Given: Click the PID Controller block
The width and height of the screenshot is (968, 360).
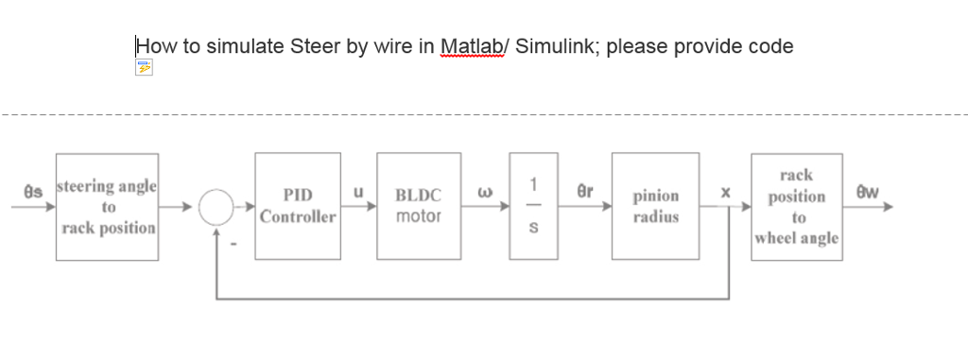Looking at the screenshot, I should coord(298,206).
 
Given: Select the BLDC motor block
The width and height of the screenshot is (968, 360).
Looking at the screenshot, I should coord(419,206).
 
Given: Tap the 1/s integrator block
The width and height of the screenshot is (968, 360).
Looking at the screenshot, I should coord(532,206).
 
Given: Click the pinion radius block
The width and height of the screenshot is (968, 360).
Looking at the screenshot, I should coord(655,206).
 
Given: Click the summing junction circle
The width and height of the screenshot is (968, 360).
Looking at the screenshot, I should coord(216,206).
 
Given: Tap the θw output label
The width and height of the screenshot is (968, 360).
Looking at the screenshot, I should coord(867,192).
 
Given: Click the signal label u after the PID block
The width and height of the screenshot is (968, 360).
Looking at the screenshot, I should coord(358,192).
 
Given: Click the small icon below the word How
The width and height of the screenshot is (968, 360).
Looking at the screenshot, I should coord(144,67).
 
